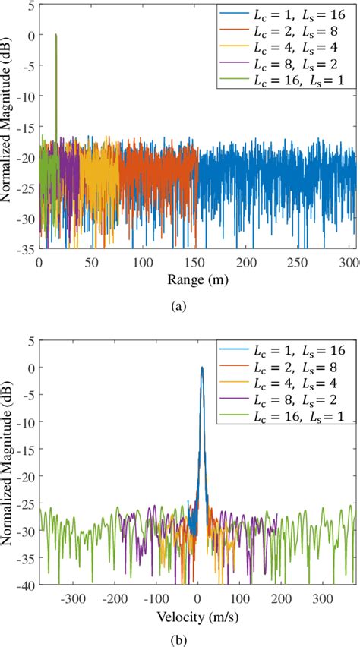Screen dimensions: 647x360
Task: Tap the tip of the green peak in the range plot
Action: [x=55, y=35]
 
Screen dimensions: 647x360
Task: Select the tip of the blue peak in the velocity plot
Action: [x=202, y=368]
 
